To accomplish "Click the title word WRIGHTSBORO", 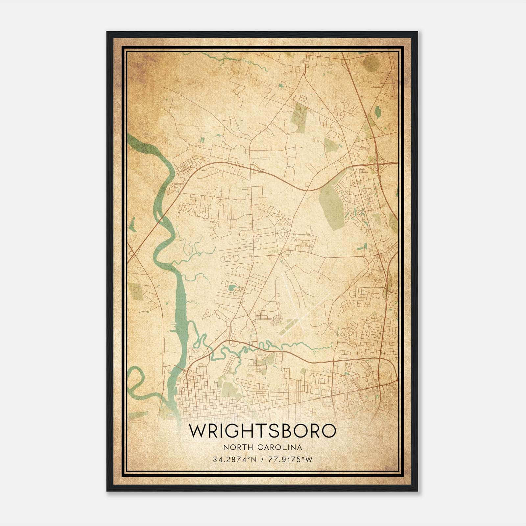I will [x=263, y=431].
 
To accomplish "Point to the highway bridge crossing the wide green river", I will [x=160, y=217].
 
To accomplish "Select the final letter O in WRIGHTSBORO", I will [x=328, y=431].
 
